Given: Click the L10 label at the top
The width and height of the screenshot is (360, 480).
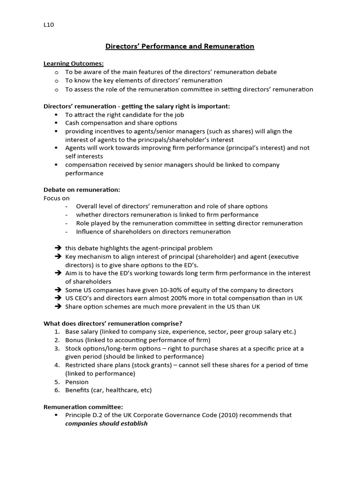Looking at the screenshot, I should click(49, 25).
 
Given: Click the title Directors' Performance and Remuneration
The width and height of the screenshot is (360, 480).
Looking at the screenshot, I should click(180, 46).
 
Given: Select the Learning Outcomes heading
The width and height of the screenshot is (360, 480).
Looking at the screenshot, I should click(74, 63).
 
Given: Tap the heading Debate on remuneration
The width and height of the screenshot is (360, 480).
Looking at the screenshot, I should click(82, 189).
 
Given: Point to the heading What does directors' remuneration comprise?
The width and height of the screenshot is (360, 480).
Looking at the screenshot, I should click(113, 323).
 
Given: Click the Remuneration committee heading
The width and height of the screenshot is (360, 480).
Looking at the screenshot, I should click(83, 407).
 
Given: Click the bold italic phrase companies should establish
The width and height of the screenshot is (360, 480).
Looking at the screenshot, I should click(106, 423).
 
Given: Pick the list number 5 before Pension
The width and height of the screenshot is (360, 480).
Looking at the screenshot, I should click(57, 382).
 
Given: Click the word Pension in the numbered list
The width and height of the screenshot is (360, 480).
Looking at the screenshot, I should click(77, 382).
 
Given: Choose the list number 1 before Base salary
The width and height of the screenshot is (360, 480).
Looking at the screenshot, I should click(57, 331).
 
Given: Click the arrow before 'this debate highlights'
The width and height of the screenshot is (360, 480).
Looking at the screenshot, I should click(58, 248).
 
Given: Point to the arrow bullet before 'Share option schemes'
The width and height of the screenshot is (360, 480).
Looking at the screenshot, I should click(58, 307).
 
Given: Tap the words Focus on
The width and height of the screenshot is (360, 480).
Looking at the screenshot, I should click(56, 198).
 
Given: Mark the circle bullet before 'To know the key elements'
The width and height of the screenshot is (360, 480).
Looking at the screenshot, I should click(57, 81).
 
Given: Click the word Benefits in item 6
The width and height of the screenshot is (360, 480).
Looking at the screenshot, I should click(78, 390).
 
